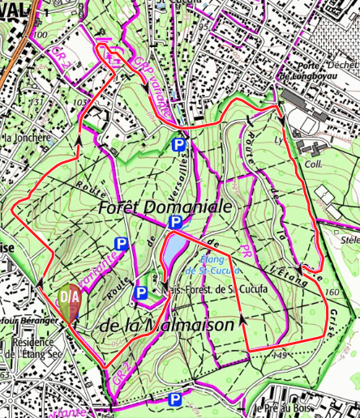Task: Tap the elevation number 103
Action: pyautogui.click(x=79, y=103)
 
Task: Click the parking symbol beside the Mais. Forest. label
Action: pyautogui.click(x=140, y=293)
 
